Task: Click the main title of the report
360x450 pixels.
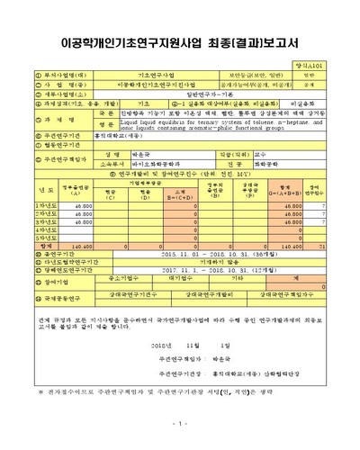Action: point(180,41)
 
